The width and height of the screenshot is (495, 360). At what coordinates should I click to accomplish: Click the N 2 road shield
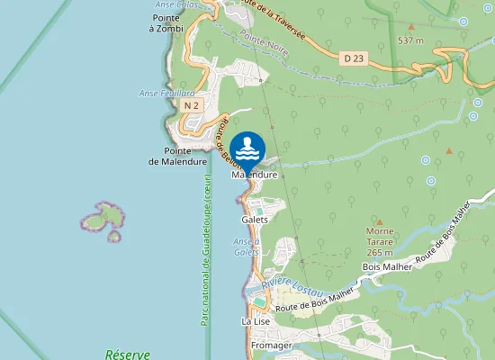[x=190, y=106]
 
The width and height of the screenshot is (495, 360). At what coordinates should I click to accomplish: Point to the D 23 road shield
[x=354, y=57]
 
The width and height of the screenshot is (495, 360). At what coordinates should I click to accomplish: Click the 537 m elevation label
[x=410, y=40]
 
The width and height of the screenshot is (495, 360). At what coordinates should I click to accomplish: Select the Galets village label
[x=255, y=220]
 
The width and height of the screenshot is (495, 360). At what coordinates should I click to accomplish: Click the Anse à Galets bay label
[x=247, y=247]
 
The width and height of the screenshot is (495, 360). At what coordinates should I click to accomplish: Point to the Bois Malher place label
[x=386, y=267]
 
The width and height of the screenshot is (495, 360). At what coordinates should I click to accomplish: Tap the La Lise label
[x=256, y=320]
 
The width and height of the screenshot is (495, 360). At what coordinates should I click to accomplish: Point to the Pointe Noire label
[x=265, y=42]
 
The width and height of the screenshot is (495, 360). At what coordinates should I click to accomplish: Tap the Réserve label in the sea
[x=127, y=355]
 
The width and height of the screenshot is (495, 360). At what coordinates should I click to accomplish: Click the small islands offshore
[x=103, y=220]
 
